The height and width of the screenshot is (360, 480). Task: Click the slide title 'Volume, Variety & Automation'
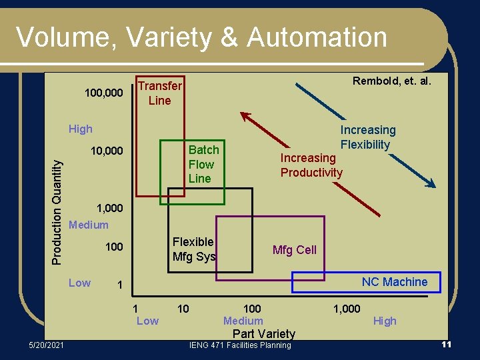[x=201, y=37]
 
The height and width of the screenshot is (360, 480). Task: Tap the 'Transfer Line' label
[x=159, y=93]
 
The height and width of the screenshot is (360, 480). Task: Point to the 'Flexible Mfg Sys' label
[x=193, y=249]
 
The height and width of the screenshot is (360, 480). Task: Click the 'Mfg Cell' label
[x=294, y=250]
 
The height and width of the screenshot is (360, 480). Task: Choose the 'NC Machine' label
[x=394, y=282]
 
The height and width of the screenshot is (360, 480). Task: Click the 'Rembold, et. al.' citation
[x=392, y=81]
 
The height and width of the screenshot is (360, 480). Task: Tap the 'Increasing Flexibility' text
[x=367, y=137]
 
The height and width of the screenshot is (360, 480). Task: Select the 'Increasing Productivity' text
[x=311, y=165]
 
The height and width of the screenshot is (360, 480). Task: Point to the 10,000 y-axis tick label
[x=107, y=151]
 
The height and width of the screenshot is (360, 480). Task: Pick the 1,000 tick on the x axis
[x=347, y=309]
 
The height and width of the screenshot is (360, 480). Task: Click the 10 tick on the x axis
[x=183, y=309]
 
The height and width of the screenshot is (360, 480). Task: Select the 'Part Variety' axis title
[x=264, y=333]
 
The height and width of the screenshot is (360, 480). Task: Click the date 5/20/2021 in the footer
[x=46, y=345]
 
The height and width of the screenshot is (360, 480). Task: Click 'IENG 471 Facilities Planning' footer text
[x=239, y=345]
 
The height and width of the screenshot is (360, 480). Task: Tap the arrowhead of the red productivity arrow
[x=245, y=115]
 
